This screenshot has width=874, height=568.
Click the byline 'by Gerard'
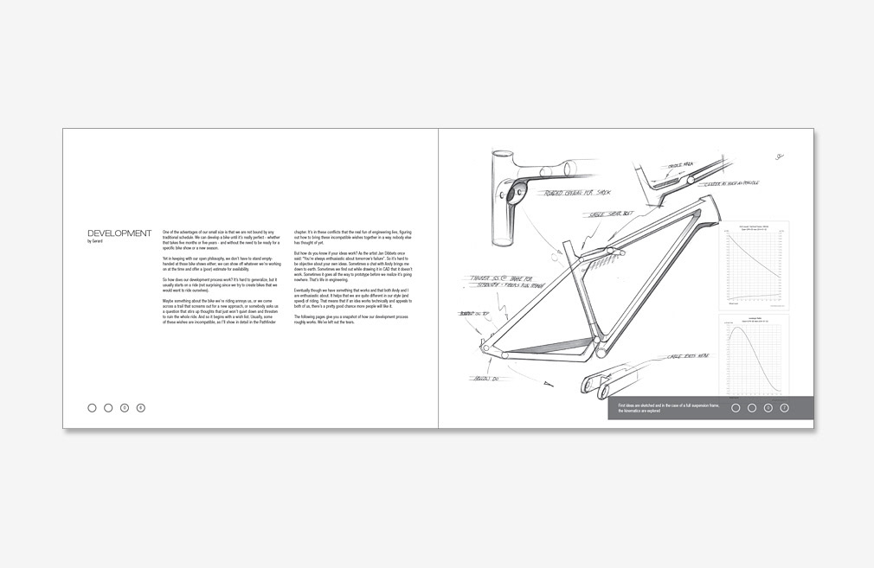tap(95, 241)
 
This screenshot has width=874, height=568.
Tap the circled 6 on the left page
tap(141, 407)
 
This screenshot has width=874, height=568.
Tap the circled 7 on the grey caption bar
tap(784, 408)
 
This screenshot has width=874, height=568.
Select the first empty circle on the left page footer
tap(92, 407)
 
